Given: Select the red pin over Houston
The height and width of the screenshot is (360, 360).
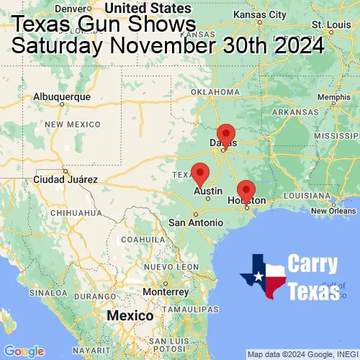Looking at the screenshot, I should coord(246,191).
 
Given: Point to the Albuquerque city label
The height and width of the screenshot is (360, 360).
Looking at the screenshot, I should coord(63,96).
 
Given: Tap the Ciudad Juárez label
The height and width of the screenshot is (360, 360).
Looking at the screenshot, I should coord(64,179).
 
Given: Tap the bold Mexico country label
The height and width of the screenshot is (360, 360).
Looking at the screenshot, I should coord(130,316).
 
